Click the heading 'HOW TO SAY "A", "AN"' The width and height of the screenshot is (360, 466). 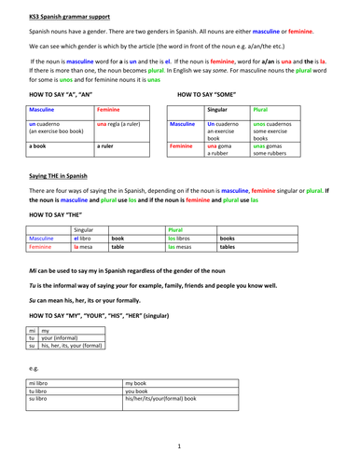click(62, 95)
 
